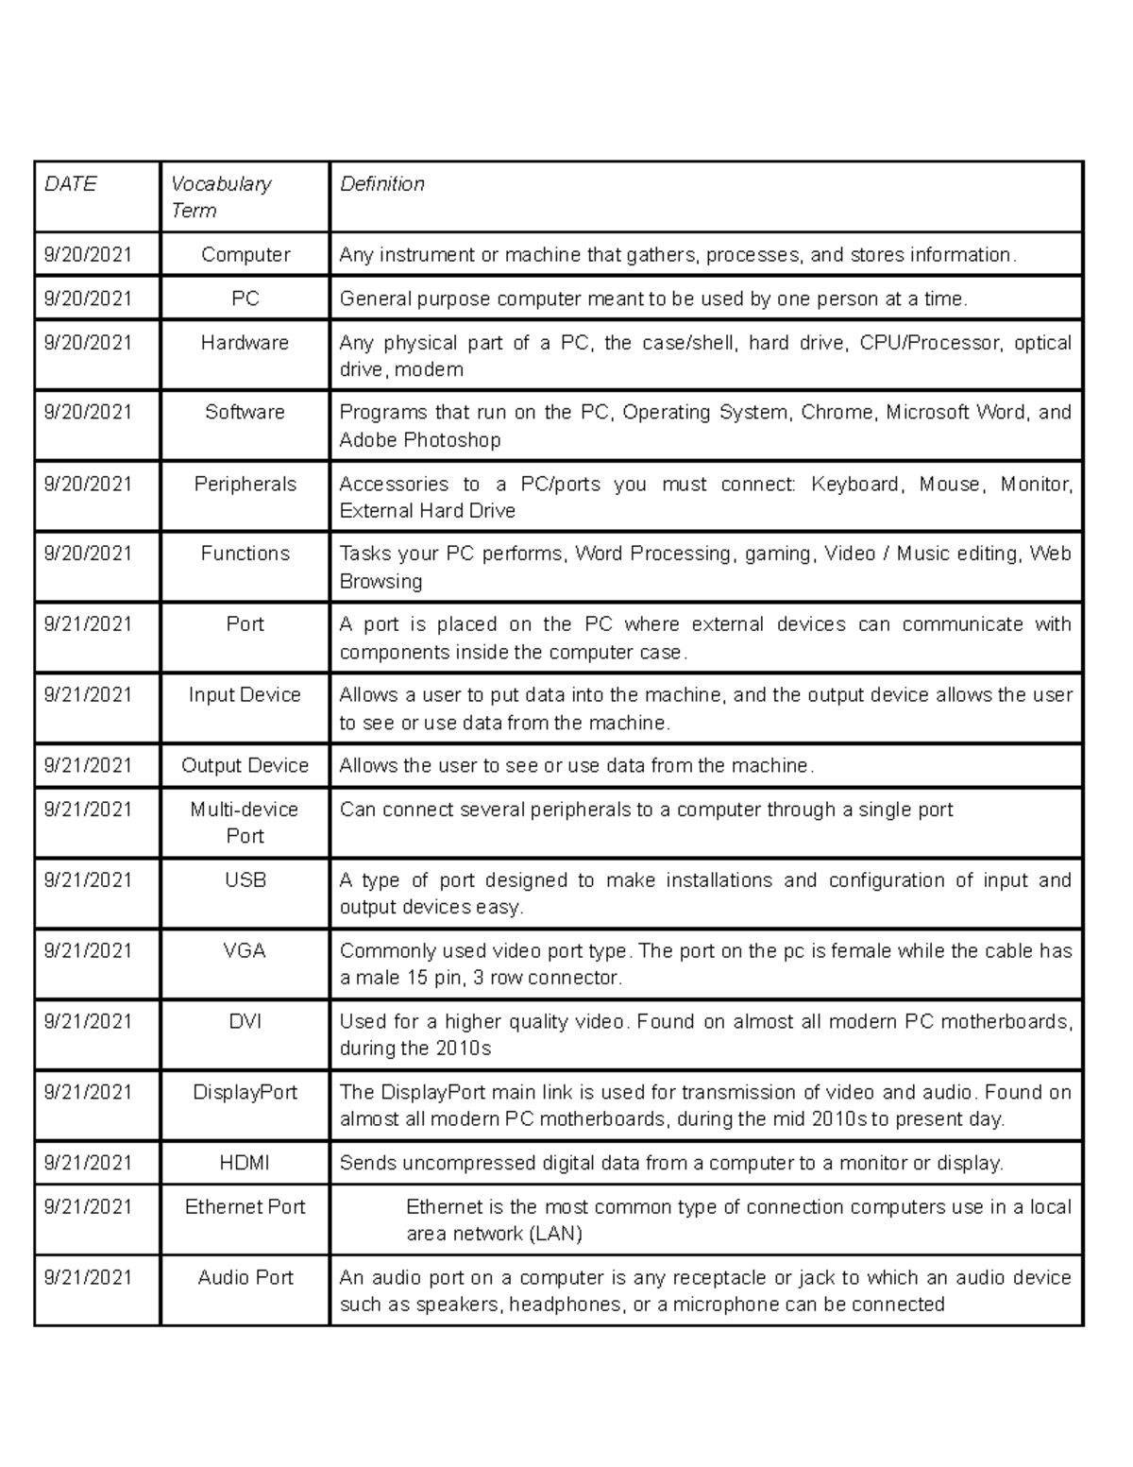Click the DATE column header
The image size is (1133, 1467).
[71, 184]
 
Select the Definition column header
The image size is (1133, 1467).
[381, 184]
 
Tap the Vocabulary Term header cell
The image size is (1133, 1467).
[221, 197]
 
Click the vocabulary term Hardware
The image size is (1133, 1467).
[245, 343]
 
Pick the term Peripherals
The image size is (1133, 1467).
[245, 485]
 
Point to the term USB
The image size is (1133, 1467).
[245, 880]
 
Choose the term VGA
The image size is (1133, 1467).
[245, 951]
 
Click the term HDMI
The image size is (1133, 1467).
[245, 1164]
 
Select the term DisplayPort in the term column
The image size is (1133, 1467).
[245, 1093]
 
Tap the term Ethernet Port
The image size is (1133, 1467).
[245, 1207]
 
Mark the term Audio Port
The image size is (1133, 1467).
[245, 1278]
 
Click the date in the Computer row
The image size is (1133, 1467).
[88, 255]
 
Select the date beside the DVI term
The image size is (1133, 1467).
[88, 1022]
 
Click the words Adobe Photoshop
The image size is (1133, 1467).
[419, 440]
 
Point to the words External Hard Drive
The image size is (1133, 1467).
[427, 511]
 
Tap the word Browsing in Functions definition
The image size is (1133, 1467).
[380, 582]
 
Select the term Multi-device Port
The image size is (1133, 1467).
[245, 823]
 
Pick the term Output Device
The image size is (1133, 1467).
[245, 766]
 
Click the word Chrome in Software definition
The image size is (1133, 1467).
[837, 413]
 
